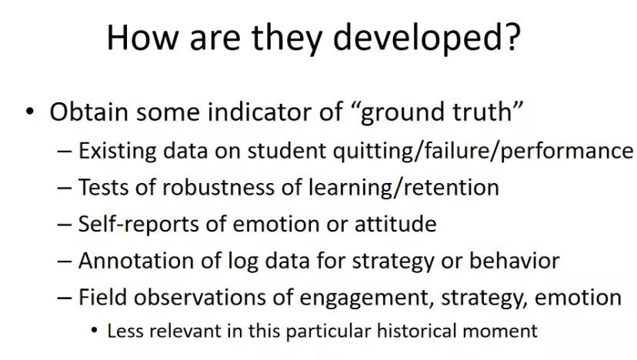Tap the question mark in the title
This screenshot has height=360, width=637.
click(513, 37)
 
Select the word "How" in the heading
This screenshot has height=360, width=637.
click(142, 37)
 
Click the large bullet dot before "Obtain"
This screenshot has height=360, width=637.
click(30, 111)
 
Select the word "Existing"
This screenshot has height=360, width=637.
click(117, 151)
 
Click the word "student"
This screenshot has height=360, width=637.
click(286, 151)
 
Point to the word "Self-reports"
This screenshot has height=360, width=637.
click(138, 225)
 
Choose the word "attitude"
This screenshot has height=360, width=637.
click(395, 225)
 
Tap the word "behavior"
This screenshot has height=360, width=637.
click(515, 261)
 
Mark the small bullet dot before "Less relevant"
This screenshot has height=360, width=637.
click(95, 330)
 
